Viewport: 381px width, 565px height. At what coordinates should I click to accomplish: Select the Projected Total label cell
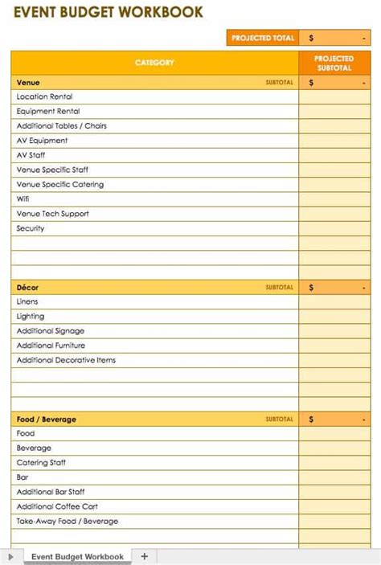click(262, 38)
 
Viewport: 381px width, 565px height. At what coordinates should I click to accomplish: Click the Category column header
click(154, 63)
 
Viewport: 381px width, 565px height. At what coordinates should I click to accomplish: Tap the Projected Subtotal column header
click(334, 63)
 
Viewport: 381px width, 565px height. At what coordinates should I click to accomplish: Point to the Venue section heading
click(28, 83)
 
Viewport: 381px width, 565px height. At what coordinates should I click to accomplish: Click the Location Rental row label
click(44, 97)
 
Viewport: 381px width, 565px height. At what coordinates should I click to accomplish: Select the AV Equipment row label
click(42, 141)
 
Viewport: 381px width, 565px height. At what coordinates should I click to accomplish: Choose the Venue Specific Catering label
click(59, 185)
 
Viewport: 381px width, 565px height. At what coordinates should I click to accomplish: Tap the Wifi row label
click(23, 199)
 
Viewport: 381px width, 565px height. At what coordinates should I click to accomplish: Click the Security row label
click(31, 229)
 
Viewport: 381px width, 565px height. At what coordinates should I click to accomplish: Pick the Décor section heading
click(27, 288)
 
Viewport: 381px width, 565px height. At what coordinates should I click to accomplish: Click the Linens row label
click(27, 302)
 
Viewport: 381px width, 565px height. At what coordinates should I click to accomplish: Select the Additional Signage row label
click(50, 331)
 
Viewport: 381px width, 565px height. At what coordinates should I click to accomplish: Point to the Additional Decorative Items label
click(66, 360)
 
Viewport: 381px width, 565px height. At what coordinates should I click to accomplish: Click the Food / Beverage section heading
click(47, 420)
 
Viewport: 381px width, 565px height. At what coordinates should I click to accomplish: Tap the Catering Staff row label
click(41, 463)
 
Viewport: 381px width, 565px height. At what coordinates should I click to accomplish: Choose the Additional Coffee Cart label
click(57, 506)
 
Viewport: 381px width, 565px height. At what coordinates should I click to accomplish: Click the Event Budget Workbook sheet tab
click(77, 556)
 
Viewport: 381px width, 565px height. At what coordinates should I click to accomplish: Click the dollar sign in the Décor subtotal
click(311, 288)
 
